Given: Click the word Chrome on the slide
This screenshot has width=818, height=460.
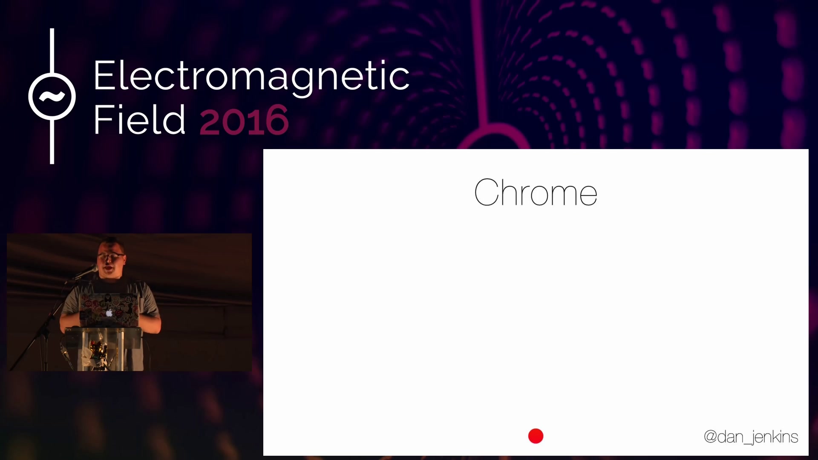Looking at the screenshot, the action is click(x=536, y=192).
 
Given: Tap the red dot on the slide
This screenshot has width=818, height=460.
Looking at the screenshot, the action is click(x=536, y=436).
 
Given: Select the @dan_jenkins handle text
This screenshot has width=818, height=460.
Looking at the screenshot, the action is click(x=751, y=437).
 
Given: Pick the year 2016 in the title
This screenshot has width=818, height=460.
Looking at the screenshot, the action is click(x=244, y=120).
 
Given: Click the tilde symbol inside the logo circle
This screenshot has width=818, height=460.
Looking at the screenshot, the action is click(x=52, y=97).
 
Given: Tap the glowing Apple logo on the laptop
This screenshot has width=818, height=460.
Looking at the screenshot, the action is click(x=109, y=313).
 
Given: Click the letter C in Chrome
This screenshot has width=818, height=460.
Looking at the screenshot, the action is click(x=487, y=192).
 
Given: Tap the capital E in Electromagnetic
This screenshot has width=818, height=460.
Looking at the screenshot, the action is click(x=104, y=75).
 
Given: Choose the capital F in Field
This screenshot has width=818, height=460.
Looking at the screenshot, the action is click(x=103, y=119).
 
